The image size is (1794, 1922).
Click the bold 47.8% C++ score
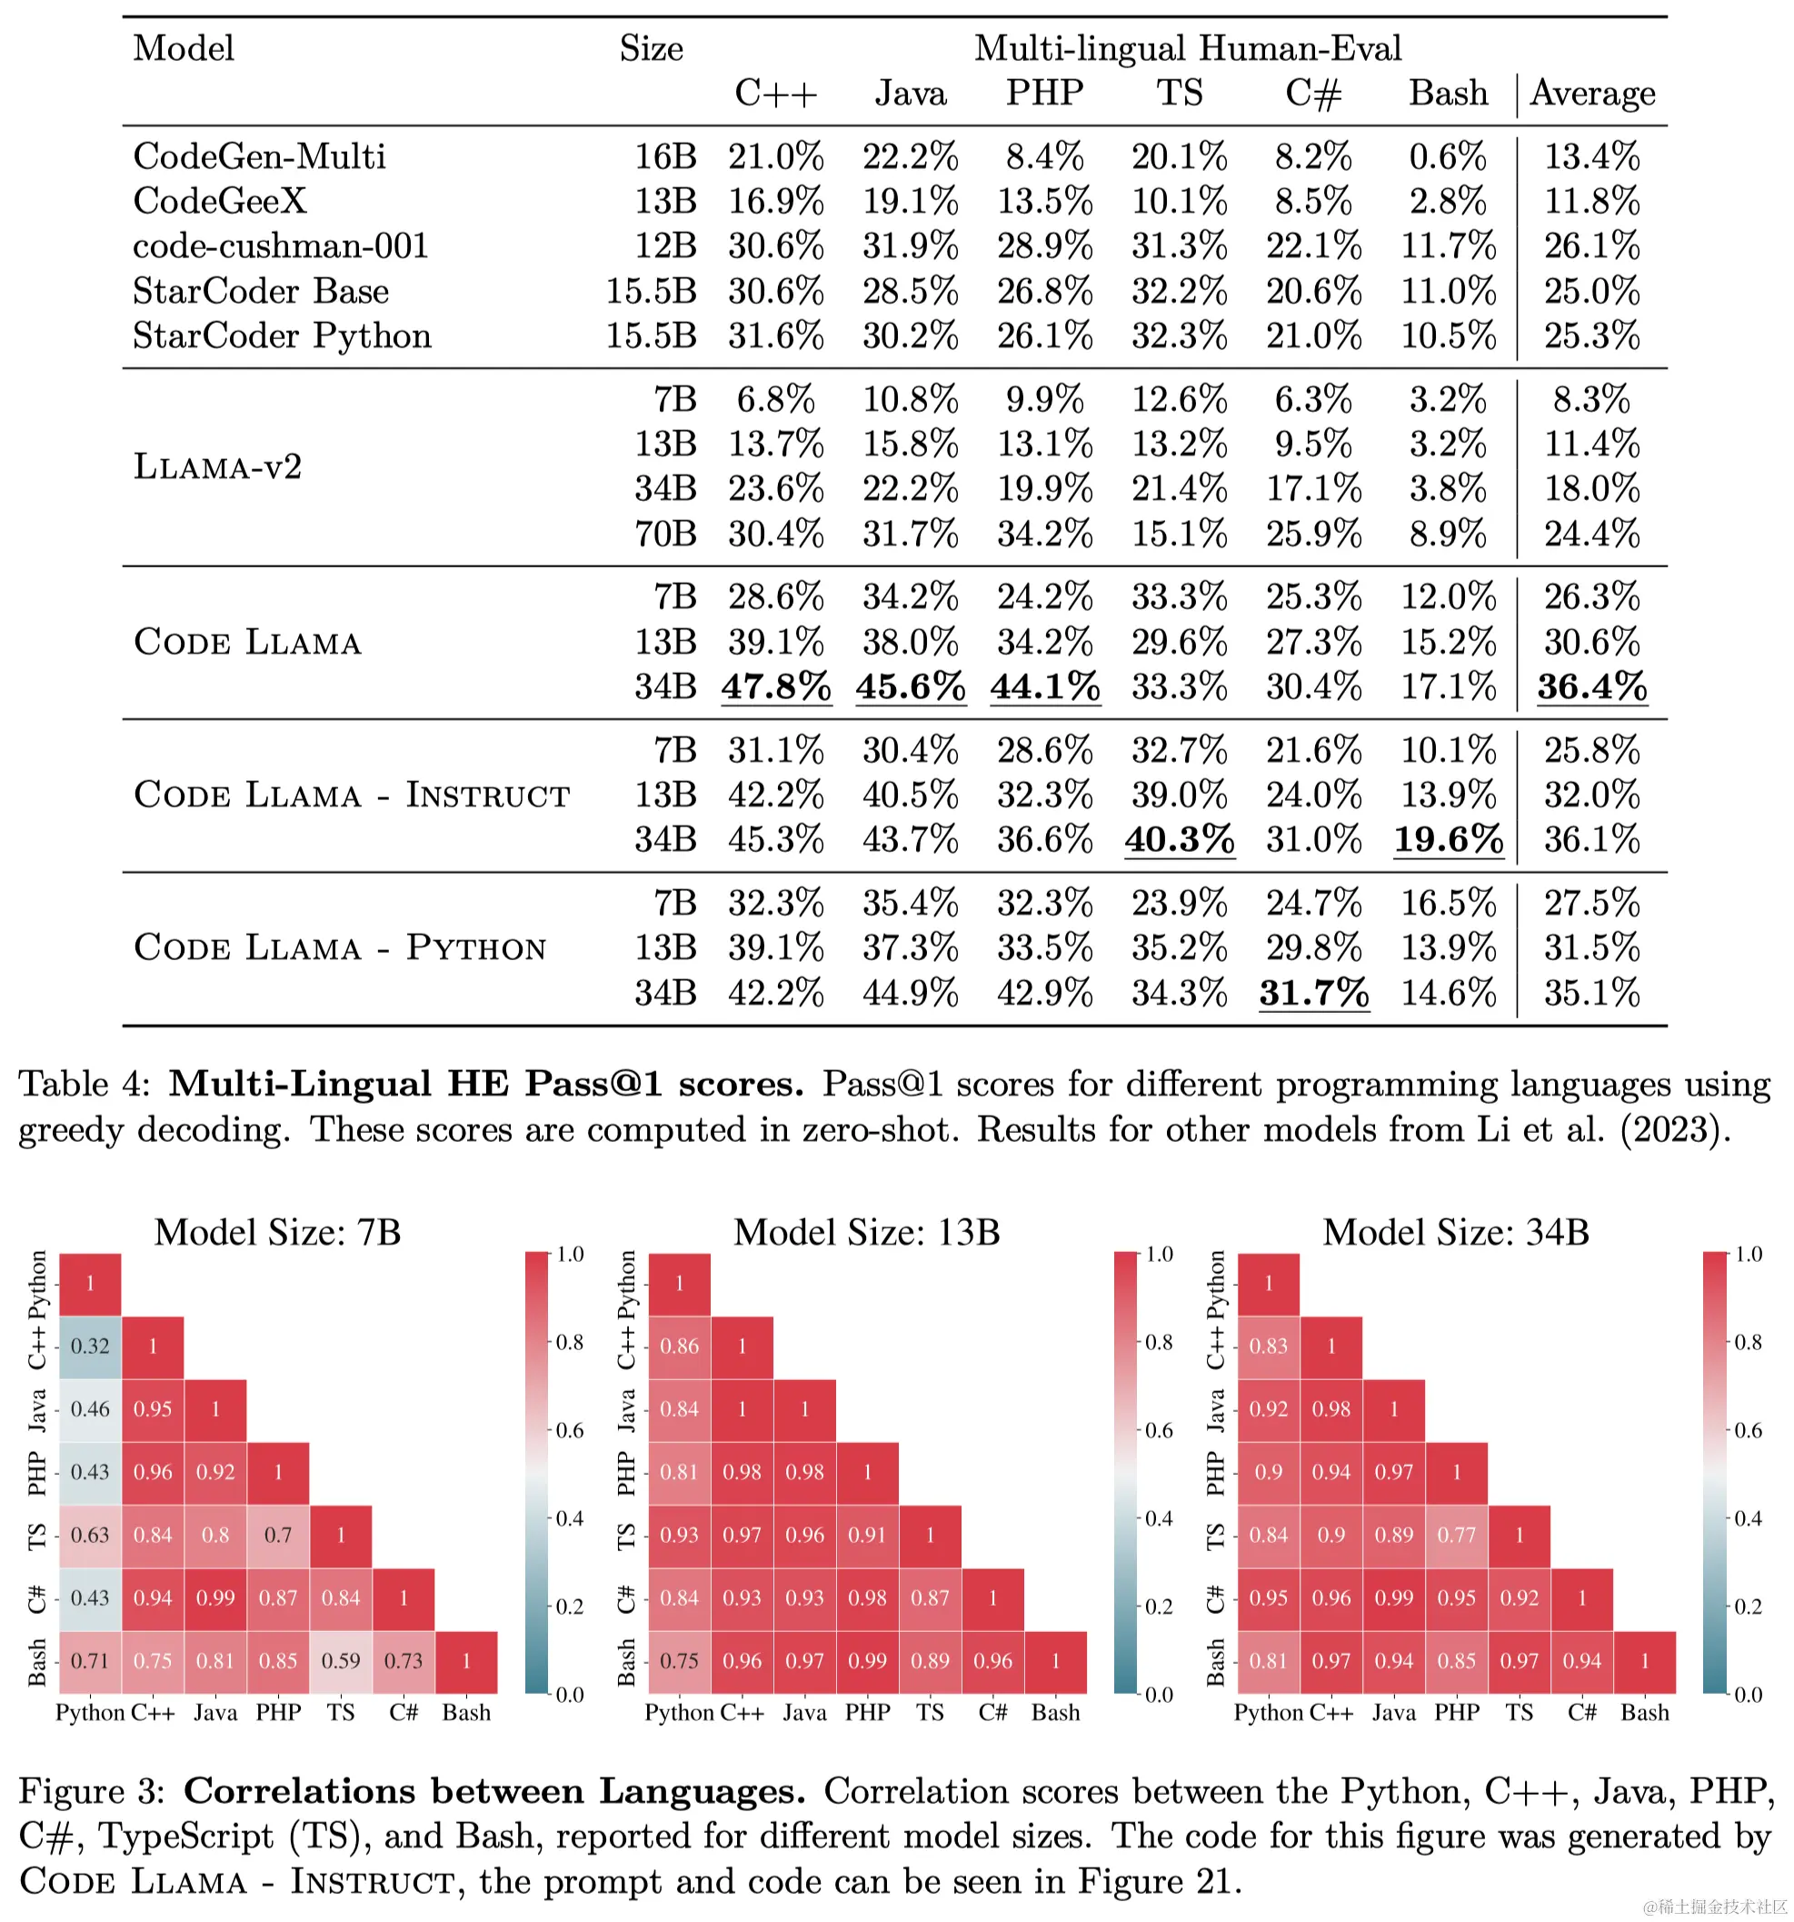coord(775,686)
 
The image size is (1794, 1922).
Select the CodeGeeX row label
coord(219,201)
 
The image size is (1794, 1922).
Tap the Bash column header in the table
coord(1447,93)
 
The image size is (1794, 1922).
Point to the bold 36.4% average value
coord(1591,686)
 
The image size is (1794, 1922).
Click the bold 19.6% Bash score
coord(1447,839)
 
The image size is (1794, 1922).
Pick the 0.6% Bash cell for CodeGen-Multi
coord(1447,155)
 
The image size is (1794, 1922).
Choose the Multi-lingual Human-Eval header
coord(1187,48)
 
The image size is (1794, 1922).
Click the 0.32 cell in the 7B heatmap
coord(90,1346)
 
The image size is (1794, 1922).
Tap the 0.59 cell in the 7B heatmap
coord(340,1661)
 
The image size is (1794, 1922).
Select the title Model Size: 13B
coord(866,1232)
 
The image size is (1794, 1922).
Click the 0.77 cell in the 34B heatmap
coord(1456,1535)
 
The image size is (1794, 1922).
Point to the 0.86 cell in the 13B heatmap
coord(679,1346)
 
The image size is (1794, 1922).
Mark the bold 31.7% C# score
coord(1312,993)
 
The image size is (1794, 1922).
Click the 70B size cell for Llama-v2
coord(665,534)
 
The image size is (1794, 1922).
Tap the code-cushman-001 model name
coord(280,245)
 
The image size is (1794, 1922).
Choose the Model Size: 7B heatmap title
coord(277,1232)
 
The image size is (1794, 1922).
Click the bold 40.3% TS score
coord(1179,839)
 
